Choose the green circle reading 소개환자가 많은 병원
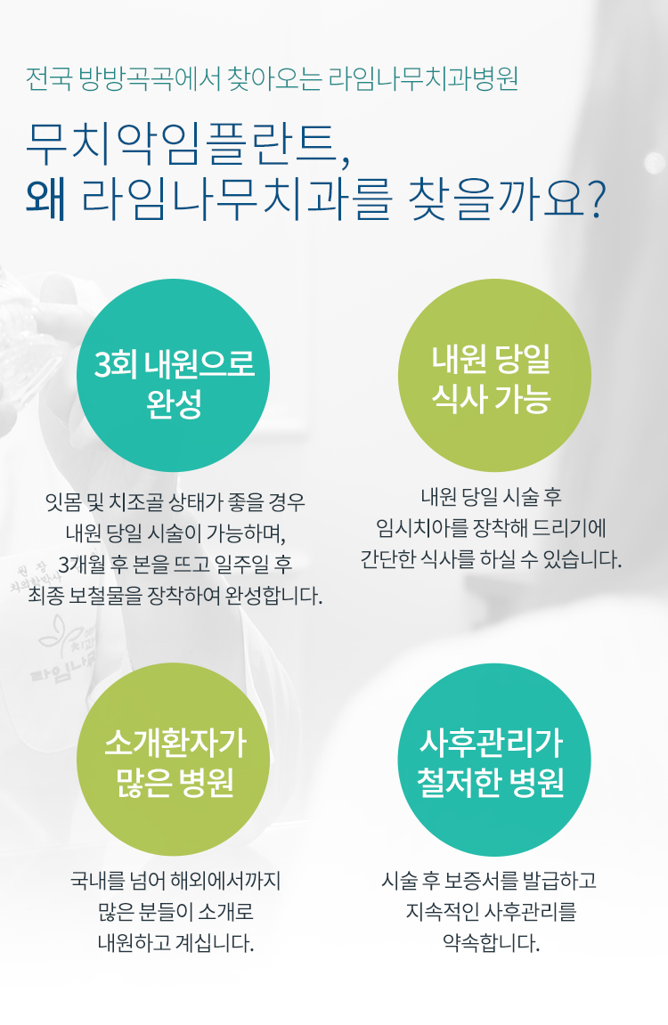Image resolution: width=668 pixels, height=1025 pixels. point(175,760)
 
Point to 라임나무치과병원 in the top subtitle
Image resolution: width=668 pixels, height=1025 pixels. point(424,79)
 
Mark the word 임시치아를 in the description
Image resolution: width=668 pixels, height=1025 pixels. point(418,529)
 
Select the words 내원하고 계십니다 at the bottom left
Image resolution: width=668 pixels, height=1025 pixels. point(175,942)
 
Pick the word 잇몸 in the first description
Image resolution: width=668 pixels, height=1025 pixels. point(65,500)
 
